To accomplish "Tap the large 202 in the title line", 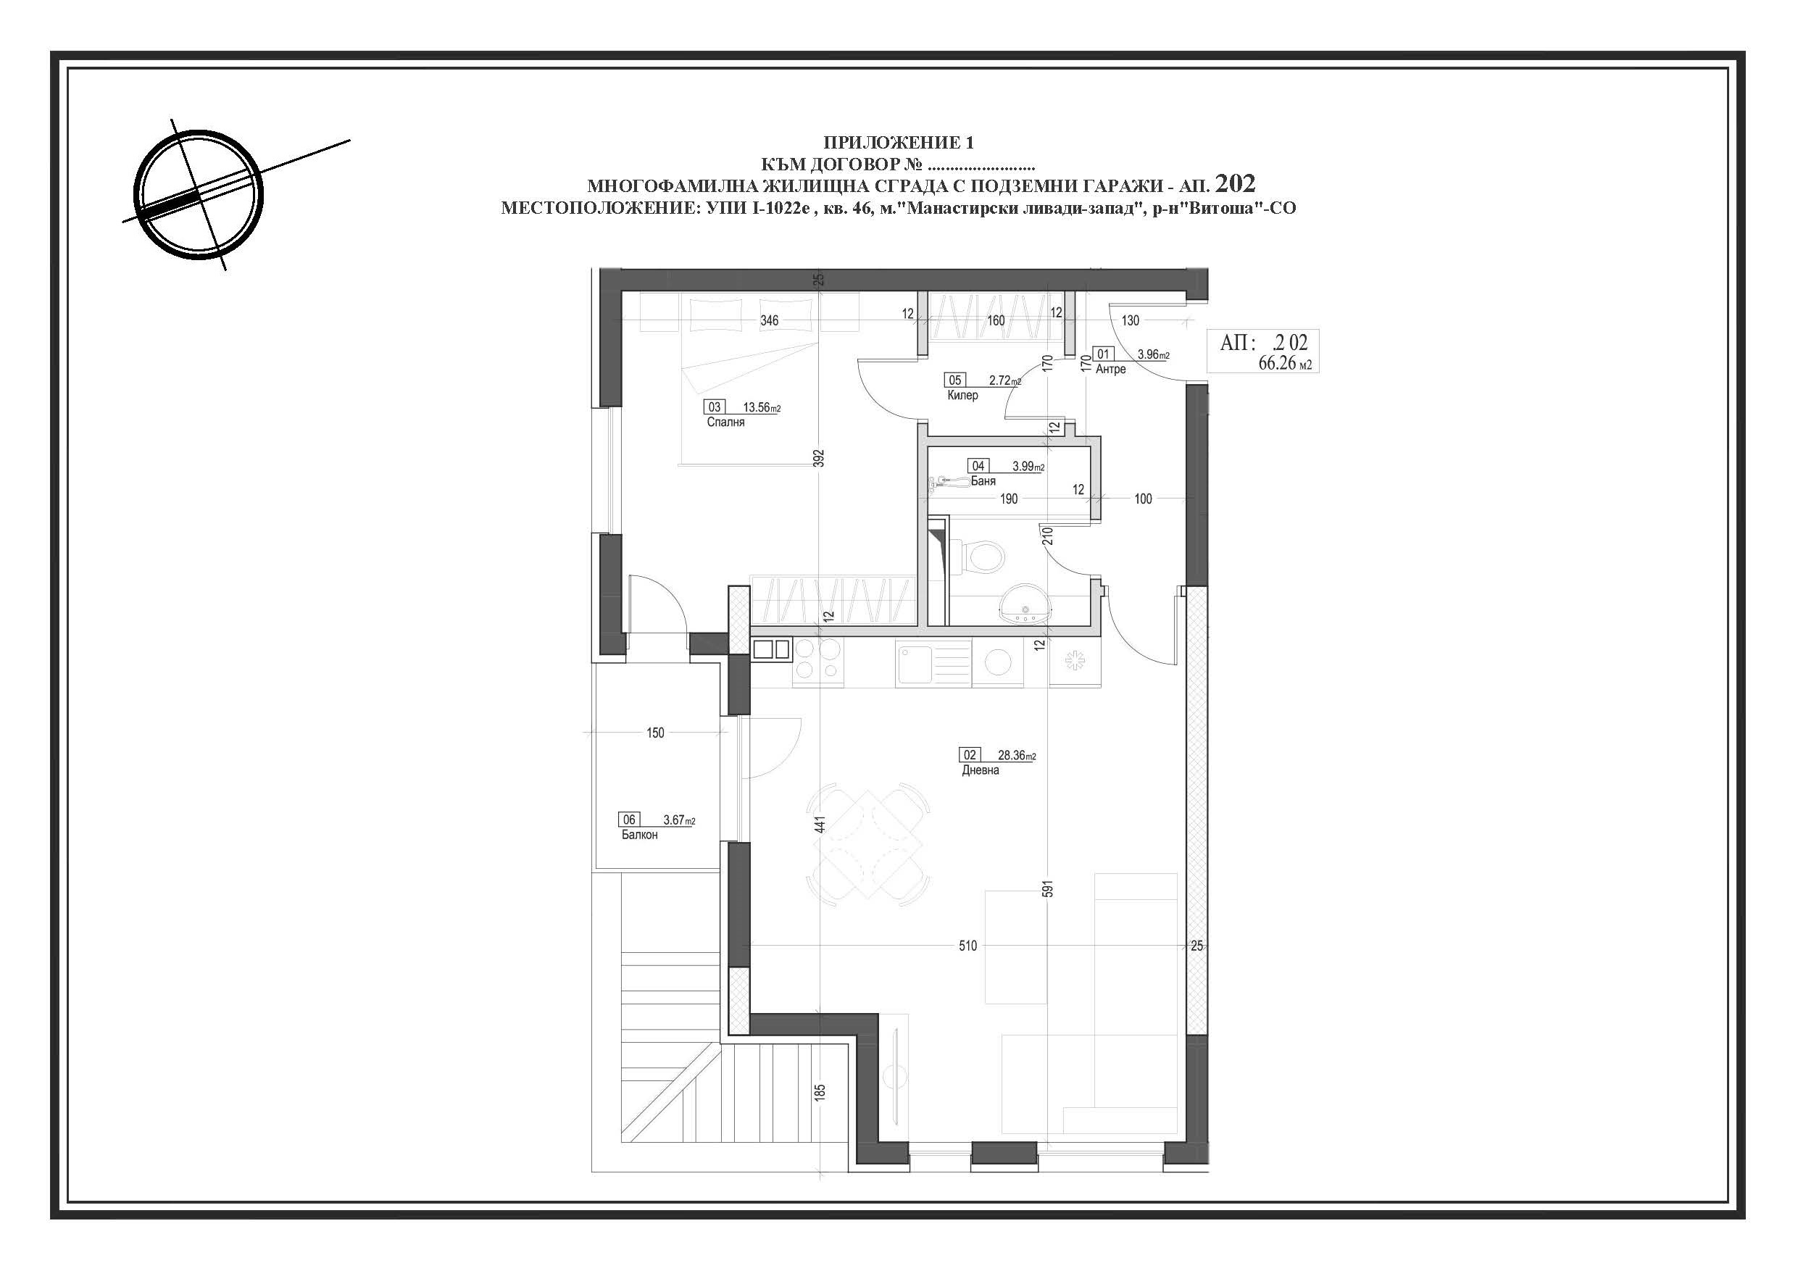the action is pyautogui.click(x=1236, y=183).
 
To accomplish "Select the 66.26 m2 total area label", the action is pyautogui.click(x=1285, y=363).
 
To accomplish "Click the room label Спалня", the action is pyautogui.click(x=725, y=422).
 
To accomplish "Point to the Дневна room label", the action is pyautogui.click(x=981, y=770).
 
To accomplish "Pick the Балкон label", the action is pyautogui.click(x=640, y=835).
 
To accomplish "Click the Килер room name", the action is pyautogui.click(x=962, y=396).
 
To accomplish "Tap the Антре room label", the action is pyautogui.click(x=1110, y=370).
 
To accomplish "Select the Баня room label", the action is pyautogui.click(x=983, y=482).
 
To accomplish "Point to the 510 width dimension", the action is pyautogui.click(x=968, y=946).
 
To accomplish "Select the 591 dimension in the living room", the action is pyautogui.click(x=1049, y=889).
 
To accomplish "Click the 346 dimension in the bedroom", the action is pyautogui.click(x=769, y=320).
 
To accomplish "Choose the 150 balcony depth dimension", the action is pyautogui.click(x=655, y=733).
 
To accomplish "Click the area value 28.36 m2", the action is pyautogui.click(x=1017, y=757).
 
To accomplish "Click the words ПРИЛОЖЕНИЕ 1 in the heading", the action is pyautogui.click(x=898, y=143).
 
